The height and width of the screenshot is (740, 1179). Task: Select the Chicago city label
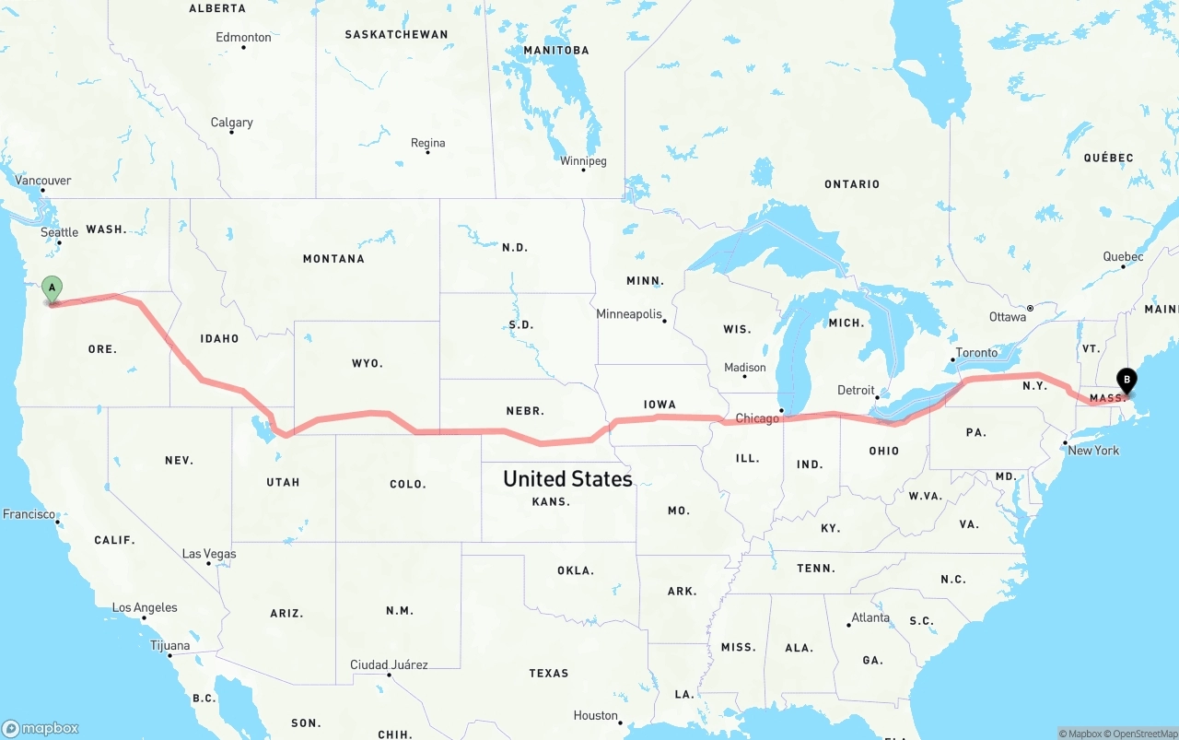coord(757,418)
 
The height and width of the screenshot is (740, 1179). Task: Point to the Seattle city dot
coord(59,242)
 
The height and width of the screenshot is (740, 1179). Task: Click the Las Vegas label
coord(209,554)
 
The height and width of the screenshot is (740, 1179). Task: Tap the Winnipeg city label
coord(583,161)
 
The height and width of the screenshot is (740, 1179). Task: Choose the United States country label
coord(567,478)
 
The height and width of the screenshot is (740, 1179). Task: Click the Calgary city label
coord(231,123)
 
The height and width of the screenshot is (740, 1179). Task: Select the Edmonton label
coord(243,38)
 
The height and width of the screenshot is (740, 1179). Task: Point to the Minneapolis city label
coord(629,314)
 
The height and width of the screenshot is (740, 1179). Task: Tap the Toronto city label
coord(976,353)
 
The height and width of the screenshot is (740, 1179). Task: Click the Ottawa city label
coord(1008,317)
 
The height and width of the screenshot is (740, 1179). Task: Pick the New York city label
coord(1093,451)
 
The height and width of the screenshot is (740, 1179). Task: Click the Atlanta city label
coord(870,617)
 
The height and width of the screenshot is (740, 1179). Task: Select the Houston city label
coord(595,716)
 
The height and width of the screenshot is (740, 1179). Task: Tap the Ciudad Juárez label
coord(389,664)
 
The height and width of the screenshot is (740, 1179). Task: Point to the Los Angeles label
coord(145,608)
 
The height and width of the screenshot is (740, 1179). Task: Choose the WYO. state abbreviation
coord(368,364)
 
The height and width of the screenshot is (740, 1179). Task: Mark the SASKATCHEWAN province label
coord(396,35)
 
